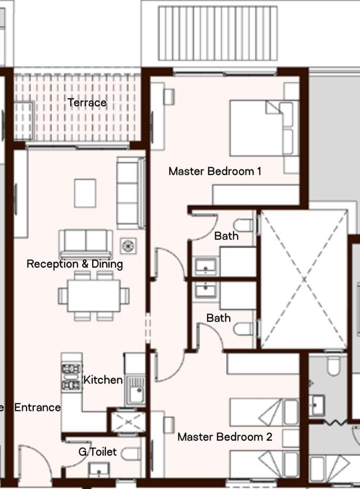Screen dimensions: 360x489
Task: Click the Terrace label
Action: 87,103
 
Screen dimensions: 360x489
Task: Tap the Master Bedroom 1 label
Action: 215,171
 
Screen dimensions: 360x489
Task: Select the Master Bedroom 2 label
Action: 225,437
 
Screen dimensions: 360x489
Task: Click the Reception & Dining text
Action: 75,264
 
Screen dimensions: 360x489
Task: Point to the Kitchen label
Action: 103,380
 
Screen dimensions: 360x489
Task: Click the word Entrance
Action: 38,407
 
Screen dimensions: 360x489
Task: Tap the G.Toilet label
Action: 98,451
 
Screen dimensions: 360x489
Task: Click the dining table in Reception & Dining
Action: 94,296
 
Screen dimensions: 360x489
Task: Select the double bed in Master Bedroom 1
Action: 265,128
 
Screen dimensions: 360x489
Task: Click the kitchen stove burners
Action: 72,377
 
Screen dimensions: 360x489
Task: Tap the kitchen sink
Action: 135,390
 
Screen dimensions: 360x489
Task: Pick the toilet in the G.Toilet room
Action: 131,454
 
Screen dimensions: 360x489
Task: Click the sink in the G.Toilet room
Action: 99,470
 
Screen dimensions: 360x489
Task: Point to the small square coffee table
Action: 85,193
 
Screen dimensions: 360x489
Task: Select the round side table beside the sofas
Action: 128,246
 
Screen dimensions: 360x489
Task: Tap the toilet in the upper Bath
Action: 244,225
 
